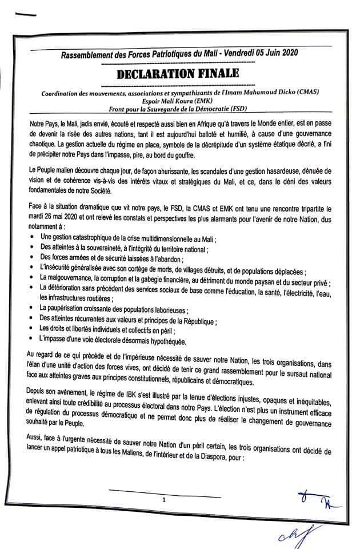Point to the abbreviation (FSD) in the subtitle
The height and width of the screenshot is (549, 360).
coord(253,109)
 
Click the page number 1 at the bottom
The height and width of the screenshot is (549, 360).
coord(163,500)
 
